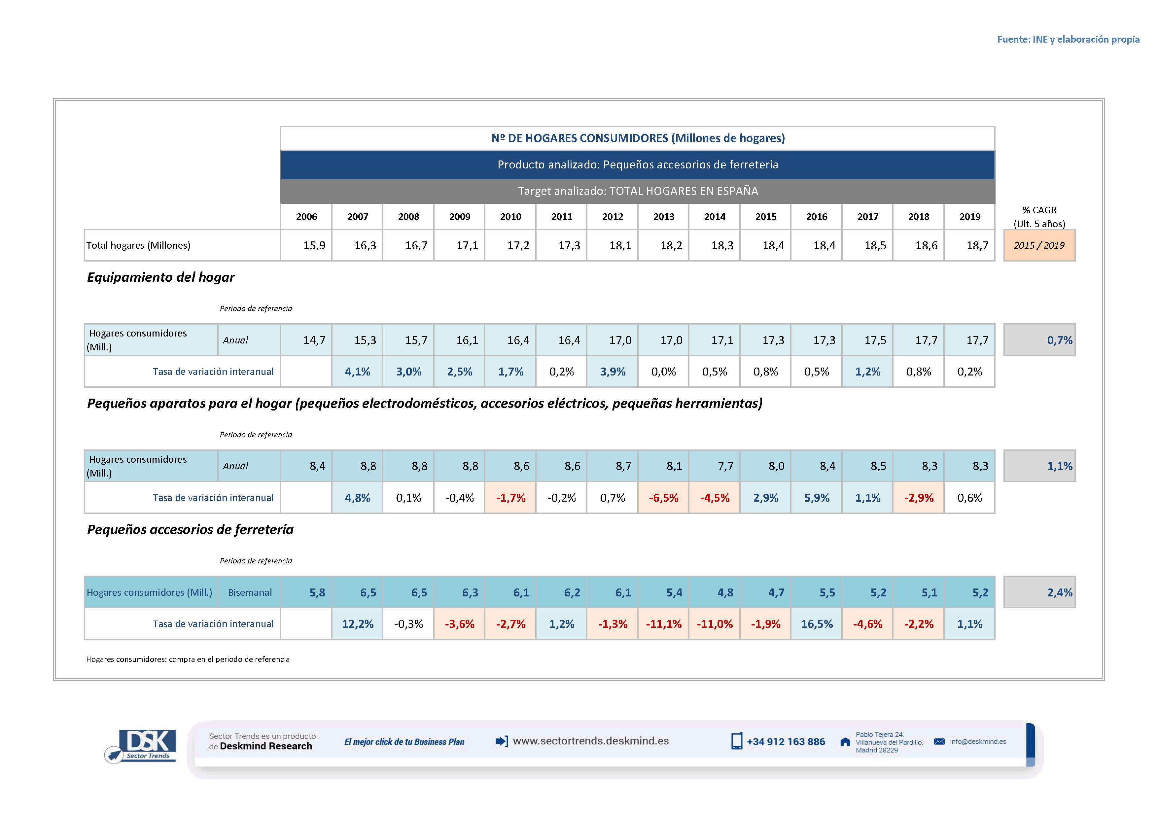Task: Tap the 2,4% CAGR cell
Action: pyautogui.click(x=1039, y=592)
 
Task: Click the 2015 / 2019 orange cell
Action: pyautogui.click(x=1039, y=246)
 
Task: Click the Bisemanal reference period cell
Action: pyautogui.click(x=250, y=592)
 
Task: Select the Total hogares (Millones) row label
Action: pyautogui.click(x=139, y=246)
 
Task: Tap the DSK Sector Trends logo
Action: pyautogui.click(x=142, y=745)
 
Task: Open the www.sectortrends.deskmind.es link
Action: pyautogui.click(x=591, y=741)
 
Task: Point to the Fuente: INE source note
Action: pyautogui.click(x=1068, y=39)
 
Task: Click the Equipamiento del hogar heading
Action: pyautogui.click(x=161, y=277)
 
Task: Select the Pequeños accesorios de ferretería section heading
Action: pyautogui.click(x=190, y=529)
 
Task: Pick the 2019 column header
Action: pyautogui.click(x=969, y=217)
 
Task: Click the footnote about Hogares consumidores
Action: pyautogui.click(x=188, y=659)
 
